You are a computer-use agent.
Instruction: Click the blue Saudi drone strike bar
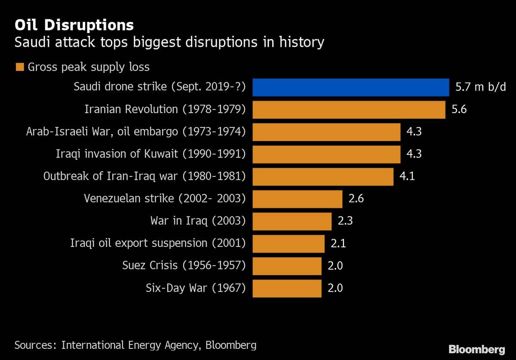350,87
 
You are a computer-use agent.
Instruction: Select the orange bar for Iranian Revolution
349,110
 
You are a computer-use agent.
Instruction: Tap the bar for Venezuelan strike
297,199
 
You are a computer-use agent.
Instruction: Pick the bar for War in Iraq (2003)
292,222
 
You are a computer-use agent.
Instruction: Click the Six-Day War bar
287,289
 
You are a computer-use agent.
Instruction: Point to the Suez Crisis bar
287,266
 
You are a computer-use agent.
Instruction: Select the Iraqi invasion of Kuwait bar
326,154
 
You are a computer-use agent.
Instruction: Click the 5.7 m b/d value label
480,87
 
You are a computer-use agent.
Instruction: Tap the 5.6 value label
459,110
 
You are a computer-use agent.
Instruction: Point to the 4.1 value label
407,177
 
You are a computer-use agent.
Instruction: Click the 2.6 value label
356,199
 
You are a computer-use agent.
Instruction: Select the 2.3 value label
345,222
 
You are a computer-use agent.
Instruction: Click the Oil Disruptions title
74,25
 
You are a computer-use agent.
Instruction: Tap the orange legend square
20,67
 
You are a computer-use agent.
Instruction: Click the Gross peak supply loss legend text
89,67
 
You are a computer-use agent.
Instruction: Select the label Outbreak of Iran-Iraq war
144,177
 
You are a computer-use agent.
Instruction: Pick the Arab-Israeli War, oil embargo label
136,132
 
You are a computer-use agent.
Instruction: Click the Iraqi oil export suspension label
158,244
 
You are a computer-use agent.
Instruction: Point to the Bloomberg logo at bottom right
476,349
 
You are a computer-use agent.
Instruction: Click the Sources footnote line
135,345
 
